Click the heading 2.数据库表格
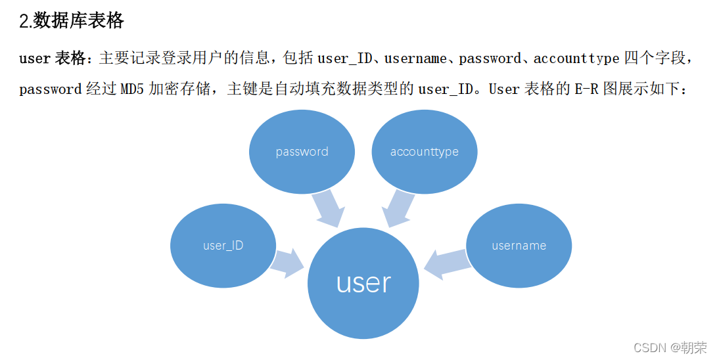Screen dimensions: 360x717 (x=72, y=20)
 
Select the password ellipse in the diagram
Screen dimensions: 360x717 (x=302, y=152)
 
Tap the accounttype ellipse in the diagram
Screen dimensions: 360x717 (x=424, y=152)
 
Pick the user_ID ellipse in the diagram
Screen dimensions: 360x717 (x=223, y=246)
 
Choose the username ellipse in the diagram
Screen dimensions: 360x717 (x=519, y=246)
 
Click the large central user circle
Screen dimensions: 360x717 (x=363, y=282)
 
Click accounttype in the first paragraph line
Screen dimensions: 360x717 (x=576, y=58)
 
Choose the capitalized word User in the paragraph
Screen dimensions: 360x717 (x=504, y=89)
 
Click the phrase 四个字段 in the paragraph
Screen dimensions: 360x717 (x=654, y=58)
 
